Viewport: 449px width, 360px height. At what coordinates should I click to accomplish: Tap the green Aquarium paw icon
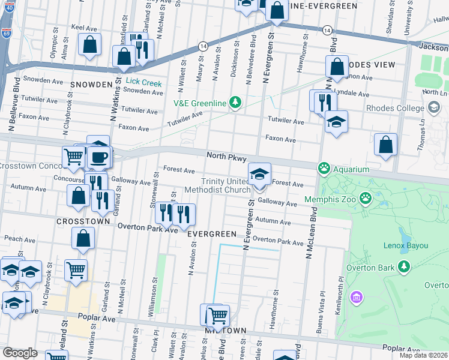(x=325, y=167)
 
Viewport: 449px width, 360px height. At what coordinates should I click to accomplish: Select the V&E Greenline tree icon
(x=236, y=103)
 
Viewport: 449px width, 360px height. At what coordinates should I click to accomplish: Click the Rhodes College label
(x=396, y=108)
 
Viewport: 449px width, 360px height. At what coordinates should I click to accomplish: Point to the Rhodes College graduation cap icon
(x=435, y=107)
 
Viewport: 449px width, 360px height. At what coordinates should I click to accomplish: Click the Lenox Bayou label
(x=405, y=245)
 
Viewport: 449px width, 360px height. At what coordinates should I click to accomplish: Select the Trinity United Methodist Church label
(x=217, y=186)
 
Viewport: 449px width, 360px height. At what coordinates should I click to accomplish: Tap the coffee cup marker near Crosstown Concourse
(x=99, y=158)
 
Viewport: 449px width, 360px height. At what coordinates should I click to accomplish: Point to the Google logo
(x=20, y=353)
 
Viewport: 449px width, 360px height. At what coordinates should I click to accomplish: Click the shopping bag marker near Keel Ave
(x=89, y=44)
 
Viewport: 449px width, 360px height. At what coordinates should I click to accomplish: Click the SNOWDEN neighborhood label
(x=91, y=84)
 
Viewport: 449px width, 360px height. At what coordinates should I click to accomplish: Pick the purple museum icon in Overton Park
(x=357, y=297)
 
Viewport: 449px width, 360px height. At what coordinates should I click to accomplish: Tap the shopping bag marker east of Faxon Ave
(x=385, y=145)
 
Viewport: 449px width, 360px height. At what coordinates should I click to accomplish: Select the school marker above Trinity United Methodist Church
(x=259, y=174)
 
